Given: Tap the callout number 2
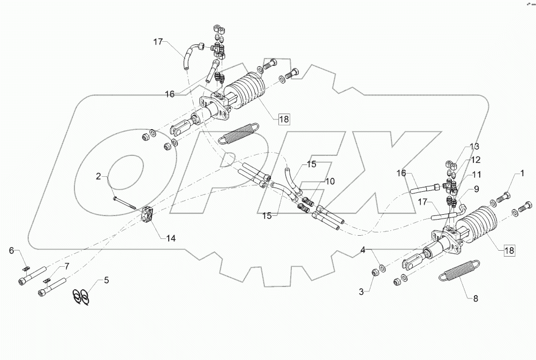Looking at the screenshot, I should point(99,176).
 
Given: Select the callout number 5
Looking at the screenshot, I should point(106,280).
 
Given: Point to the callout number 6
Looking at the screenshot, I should point(11,251).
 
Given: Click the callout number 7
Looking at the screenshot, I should point(67,266).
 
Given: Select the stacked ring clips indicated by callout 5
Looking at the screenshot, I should point(80,296).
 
